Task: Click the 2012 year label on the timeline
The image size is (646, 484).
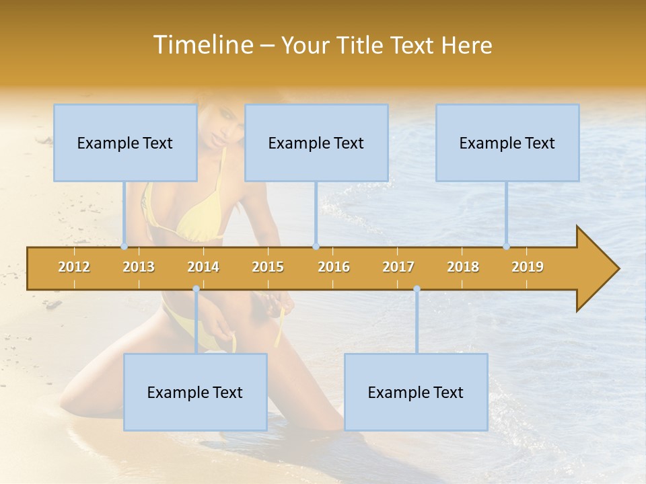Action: (x=74, y=267)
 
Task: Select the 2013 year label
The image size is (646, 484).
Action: (x=139, y=267)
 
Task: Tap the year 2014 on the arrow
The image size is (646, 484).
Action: (x=203, y=267)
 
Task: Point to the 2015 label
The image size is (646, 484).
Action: (x=268, y=267)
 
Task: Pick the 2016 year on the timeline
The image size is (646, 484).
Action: (x=334, y=267)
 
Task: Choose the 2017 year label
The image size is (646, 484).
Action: (x=398, y=267)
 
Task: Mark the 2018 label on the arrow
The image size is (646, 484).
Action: (x=463, y=267)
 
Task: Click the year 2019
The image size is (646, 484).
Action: (x=528, y=267)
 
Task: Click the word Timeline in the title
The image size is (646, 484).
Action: (x=202, y=45)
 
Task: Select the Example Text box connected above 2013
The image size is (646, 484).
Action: (x=125, y=143)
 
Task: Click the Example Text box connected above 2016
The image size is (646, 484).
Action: (x=316, y=143)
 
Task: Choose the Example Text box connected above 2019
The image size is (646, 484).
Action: (x=507, y=143)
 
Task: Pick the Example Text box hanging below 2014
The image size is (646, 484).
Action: (x=195, y=392)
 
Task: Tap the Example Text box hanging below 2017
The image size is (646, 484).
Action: (x=416, y=392)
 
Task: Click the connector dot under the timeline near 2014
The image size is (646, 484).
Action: (x=196, y=289)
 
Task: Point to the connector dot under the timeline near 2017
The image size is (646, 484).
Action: (x=417, y=289)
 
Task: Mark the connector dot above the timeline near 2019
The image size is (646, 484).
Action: (x=507, y=246)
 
